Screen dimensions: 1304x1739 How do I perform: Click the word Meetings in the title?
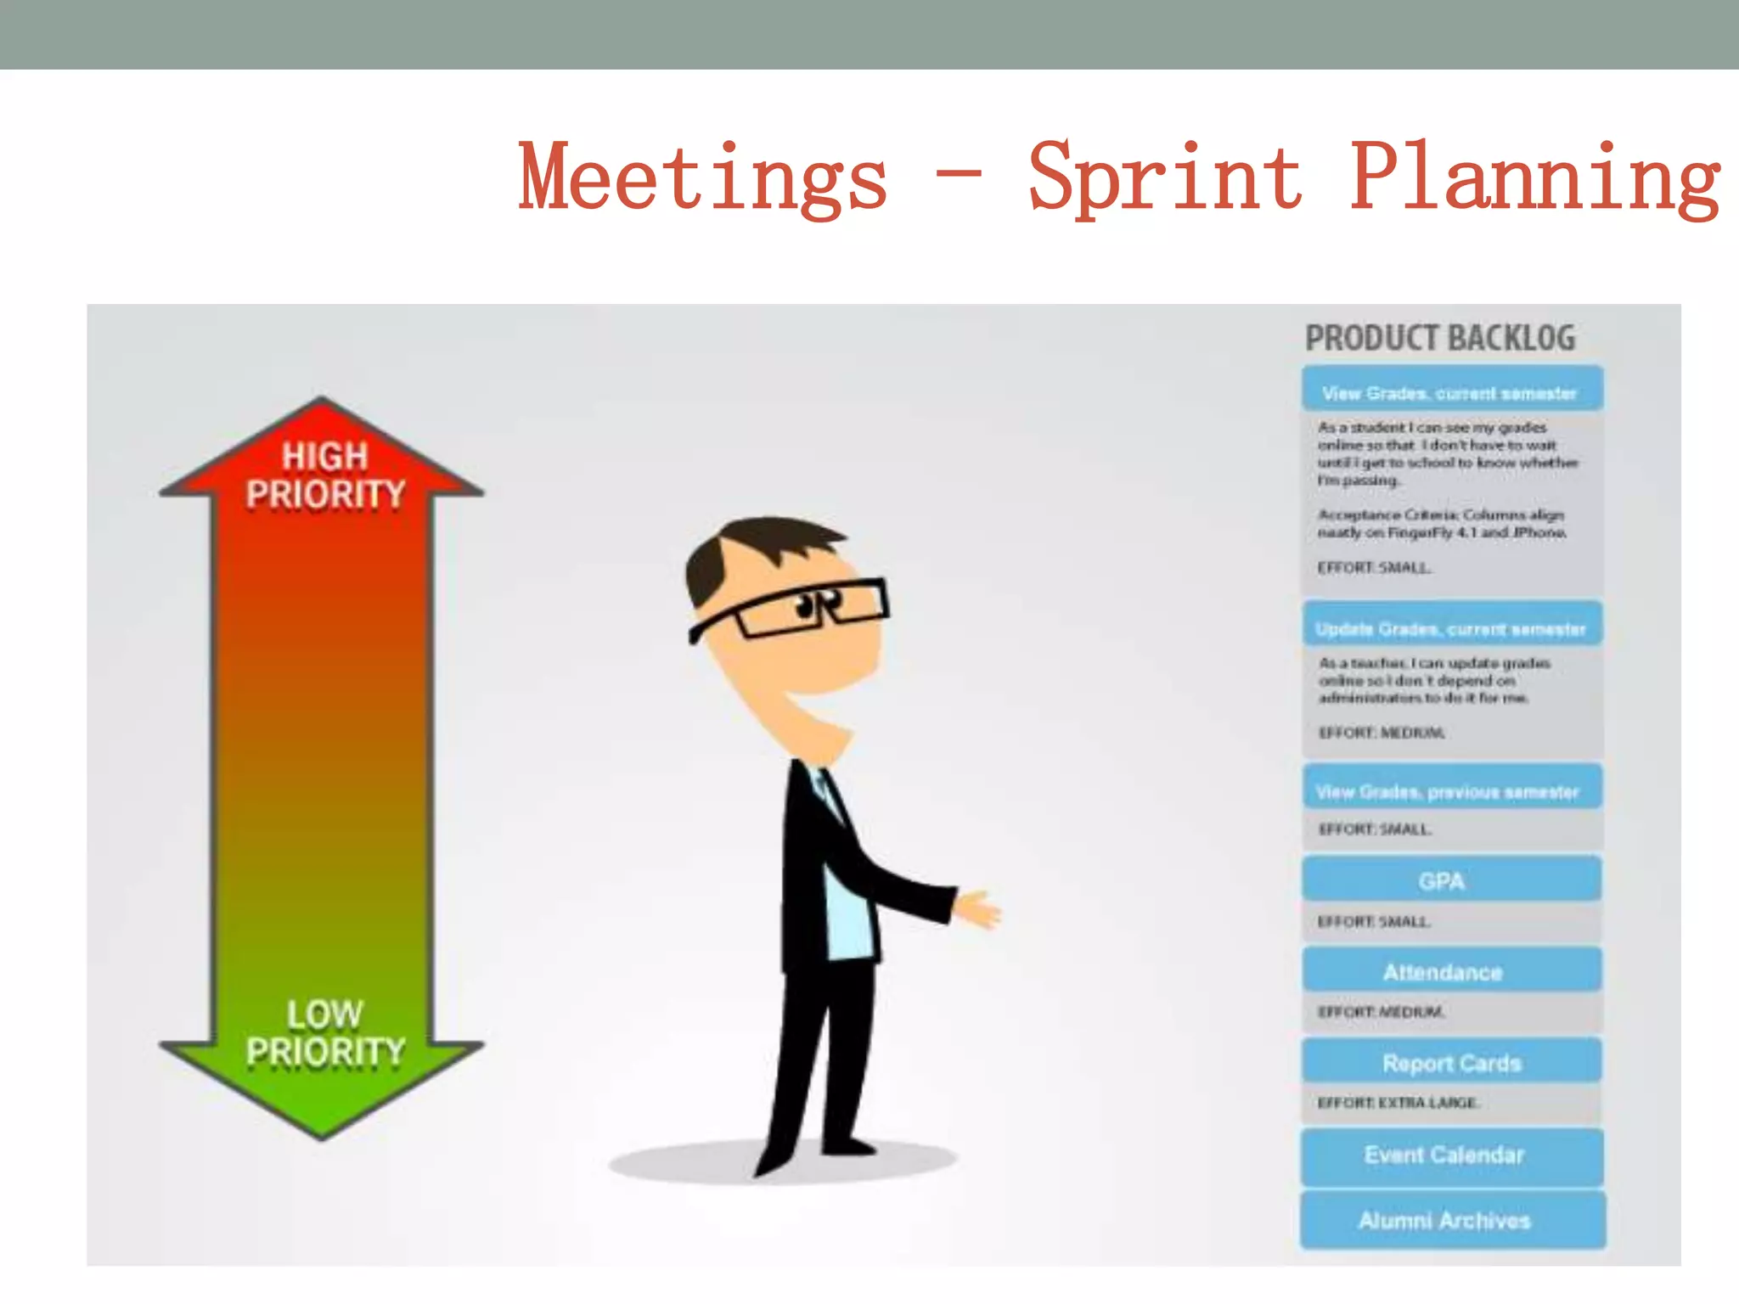pyautogui.click(x=703, y=178)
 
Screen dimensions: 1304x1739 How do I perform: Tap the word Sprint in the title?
pyautogui.click(x=1165, y=178)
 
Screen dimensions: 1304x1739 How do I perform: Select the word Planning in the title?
pyautogui.click(x=1535, y=178)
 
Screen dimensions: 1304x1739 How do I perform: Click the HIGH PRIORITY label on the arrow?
pyautogui.click(x=325, y=475)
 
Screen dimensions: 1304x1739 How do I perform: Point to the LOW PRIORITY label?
pyautogui.click(x=325, y=1032)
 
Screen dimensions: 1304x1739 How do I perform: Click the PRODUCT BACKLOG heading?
pyautogui.click(x=1440, y=338)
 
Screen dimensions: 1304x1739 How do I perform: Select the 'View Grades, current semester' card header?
pyautogui.click(x=1450, y=392)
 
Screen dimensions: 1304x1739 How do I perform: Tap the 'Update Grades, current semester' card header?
pyautogui.click(x=1450, y=628)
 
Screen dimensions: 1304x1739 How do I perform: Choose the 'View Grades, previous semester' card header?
pyautogui.click(x=1449, y=791)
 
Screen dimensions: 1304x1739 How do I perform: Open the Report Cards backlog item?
pyautogui.click(x=1450, y=1063)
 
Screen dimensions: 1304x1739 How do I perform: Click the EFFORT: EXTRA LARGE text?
pyautogui.click(x=1398, y=1103)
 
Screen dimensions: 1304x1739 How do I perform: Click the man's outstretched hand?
pyautogui.click(x=978, y=910)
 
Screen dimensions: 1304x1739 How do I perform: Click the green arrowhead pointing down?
pyautogui.click(x=322, y=1095)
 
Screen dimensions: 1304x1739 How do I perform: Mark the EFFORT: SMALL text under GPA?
pyautogui.click(x=1374, y=921)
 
